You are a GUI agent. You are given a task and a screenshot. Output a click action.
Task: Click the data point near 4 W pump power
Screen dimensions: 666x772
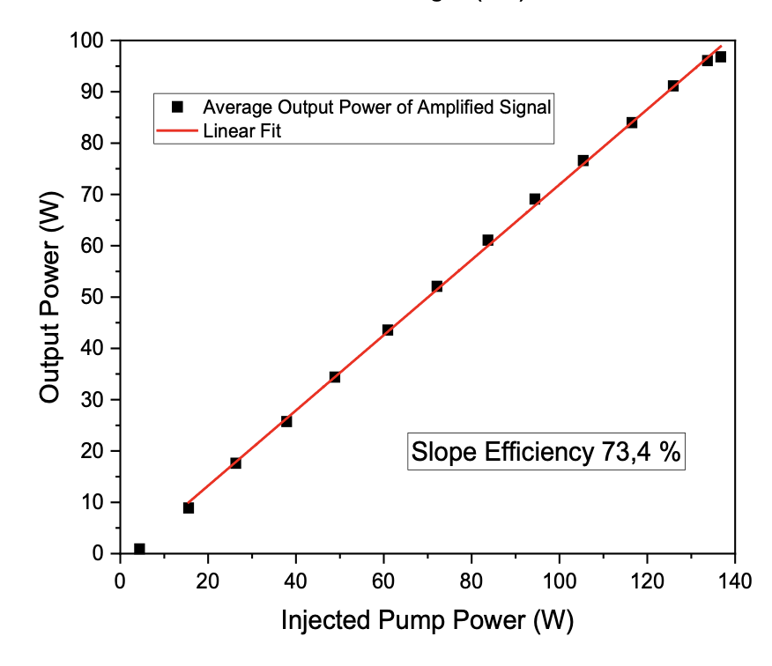coord(139,549)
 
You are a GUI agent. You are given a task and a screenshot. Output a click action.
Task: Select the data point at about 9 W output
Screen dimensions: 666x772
coord(188,507)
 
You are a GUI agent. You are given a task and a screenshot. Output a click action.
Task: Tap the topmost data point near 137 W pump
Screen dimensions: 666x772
coord(720,57)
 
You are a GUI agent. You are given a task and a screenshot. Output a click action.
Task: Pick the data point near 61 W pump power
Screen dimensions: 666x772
coord(388,329)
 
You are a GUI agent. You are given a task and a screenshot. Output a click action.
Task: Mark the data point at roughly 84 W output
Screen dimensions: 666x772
coord(631,122)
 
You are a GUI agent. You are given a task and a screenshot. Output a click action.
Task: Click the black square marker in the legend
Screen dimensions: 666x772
coord(176,107)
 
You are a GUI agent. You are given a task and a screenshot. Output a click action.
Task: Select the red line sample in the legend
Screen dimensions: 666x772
coord(176,132)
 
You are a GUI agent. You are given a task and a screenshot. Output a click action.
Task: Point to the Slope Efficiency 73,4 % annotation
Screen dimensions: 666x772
coord(547,453)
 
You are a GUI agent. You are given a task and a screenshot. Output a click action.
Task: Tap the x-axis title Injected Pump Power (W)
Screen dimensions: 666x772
coord(427,620)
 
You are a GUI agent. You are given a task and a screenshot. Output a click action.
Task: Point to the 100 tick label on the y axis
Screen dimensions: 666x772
coord(89,41)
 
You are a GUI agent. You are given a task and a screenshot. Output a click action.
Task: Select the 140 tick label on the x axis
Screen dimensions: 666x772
coord(735,581)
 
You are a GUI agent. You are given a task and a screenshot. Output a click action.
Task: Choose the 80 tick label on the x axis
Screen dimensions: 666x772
coord(471,581)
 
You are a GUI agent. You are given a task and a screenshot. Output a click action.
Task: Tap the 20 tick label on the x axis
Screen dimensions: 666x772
coord(208,581)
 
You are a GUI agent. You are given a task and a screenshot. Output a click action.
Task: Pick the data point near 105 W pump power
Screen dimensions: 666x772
coord(583,160)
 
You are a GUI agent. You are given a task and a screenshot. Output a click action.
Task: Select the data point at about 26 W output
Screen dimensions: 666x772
coord(286,421)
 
